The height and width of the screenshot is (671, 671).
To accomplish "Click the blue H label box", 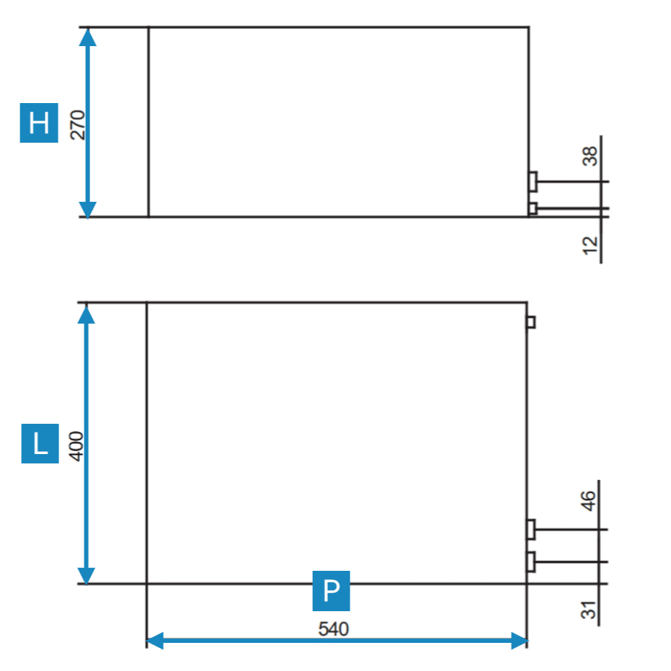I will [x=39, y=123].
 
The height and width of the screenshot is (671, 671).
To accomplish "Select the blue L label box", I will [x=40, y=444].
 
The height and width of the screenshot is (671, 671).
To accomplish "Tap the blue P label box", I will [x=331, y=590].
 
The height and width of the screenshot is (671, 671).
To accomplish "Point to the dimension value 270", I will [x=78, y=124].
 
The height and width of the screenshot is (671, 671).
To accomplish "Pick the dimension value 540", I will [x=334, y=629].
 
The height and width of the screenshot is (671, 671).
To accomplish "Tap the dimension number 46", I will [x=590, y=501].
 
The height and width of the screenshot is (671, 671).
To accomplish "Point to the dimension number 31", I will [x=590, y=610].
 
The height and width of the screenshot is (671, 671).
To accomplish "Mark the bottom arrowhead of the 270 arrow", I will [x=87, y=209].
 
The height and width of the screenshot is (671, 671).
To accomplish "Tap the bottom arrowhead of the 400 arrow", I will [x=86, y=575].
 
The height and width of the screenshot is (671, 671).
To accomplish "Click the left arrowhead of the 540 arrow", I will [x=154, y=640].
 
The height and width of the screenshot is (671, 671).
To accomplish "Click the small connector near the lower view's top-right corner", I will [x=531, y=322].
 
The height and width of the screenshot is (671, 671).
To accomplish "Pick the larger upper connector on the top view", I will [x=533, y=182].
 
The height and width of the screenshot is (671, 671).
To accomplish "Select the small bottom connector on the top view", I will [x=533, y=209].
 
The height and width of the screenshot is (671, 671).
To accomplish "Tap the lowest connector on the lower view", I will [x=531, y=561].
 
